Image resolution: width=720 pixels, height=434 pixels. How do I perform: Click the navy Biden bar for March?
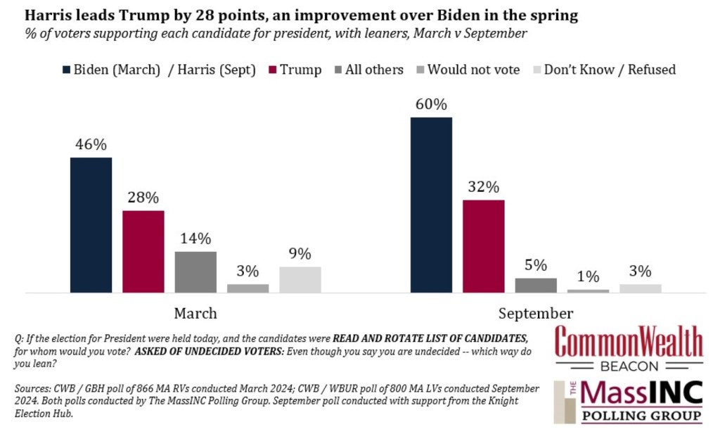click(91, 225)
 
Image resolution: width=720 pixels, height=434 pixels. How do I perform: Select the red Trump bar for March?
click(143, 252)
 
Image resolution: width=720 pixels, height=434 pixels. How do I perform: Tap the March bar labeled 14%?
click(195, 272)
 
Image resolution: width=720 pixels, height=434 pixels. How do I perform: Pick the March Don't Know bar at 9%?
click(300, 280)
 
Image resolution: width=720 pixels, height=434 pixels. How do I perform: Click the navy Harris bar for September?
click(431, 205)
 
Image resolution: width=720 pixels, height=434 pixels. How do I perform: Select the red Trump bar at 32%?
click(484, 246)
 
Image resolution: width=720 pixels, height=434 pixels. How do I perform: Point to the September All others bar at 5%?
click(536, 285)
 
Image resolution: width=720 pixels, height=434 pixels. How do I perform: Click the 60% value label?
click(431, 105)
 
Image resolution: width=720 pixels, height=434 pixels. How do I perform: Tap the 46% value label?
click(91, 145)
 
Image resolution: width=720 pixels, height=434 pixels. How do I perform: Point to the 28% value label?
click(143, 198)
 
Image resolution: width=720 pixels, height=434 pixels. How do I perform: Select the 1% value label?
click(589, 276)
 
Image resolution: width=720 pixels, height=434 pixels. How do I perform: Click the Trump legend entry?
click(295, 70)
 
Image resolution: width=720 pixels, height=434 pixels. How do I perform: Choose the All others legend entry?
click(369, 70)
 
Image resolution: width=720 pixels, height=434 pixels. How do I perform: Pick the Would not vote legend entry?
click(468, 70)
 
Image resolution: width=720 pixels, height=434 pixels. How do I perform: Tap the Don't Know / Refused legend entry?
click(604, 70)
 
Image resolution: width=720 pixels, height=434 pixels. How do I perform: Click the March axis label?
click(195, 314)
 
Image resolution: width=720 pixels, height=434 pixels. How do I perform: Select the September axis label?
click(536, 314)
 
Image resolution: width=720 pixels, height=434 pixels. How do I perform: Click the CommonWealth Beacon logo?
click(629, 348)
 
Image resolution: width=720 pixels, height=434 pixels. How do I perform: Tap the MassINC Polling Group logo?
click(629, 402)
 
